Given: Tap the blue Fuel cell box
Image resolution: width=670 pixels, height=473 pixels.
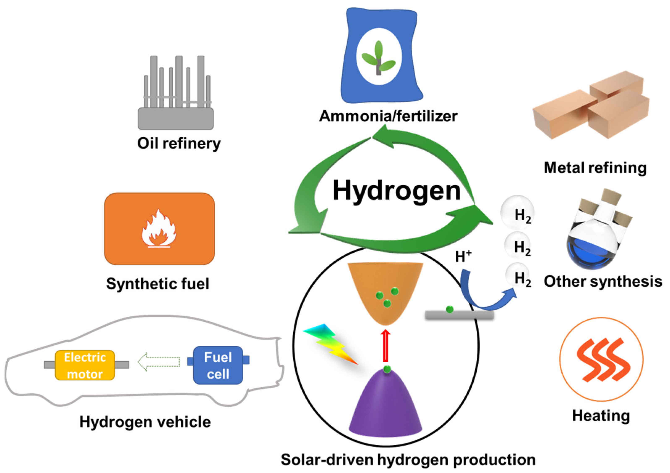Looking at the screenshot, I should pyautogui.click(x=218, y=365).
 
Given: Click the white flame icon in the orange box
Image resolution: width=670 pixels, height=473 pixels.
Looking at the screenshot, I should pyautogui.click(x=159, y=229).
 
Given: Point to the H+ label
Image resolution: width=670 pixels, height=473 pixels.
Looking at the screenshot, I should pyautogui.click(x=463, y=257).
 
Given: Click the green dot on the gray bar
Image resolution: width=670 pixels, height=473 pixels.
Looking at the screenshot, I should pyautogui.click(x=450, y=309).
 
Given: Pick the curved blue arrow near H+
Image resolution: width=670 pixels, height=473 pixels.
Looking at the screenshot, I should pyautogui.click(x=481, y=295).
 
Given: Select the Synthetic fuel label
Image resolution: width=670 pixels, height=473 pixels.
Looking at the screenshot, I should pyautogui.click(x=158, y=283).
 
